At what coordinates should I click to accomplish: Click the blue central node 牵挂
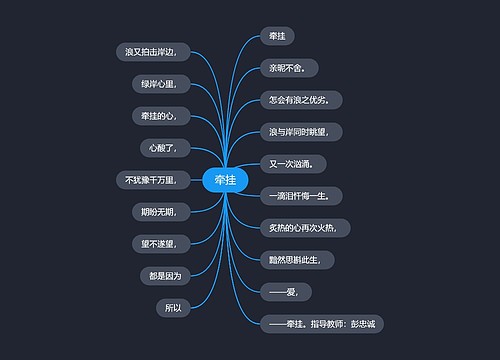tap(224, 180)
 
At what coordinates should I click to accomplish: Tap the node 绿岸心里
tap(159, 84)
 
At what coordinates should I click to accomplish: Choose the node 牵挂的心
tap(159, 116)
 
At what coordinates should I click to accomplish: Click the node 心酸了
tap(163, 148)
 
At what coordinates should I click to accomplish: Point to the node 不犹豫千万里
tap(150, 180)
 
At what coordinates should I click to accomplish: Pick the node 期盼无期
tap(158, 211)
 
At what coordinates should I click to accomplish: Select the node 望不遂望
tap(158, 243)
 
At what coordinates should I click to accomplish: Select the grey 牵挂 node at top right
tap(277, 36)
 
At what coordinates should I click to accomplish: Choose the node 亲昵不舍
tap(288, 68)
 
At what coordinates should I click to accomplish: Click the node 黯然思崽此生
tap(295, 259)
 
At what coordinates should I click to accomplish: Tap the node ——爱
tap(285, 291)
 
